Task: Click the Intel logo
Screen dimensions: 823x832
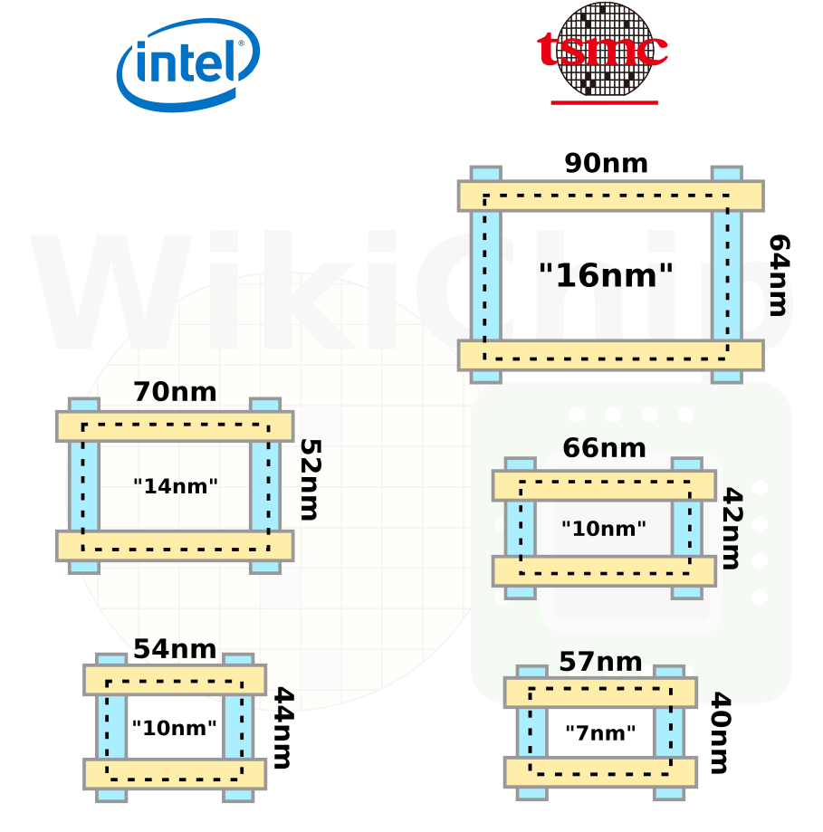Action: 187,65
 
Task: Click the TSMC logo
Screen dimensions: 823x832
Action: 603,53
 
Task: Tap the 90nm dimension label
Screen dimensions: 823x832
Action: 606,163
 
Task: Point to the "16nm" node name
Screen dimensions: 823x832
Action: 606,275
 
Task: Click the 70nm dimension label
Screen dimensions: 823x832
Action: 175,392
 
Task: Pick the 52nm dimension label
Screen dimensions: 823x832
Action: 311,480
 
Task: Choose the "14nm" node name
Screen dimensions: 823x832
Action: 176,486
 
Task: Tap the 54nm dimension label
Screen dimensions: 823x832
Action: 175,649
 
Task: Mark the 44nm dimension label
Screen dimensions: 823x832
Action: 283,728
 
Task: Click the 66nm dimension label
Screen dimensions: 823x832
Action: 605,448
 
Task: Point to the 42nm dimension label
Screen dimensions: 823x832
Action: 732,529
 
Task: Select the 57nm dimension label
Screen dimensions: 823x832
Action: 600,662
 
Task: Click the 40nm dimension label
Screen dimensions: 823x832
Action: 721,732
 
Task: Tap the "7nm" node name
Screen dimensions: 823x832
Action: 600,732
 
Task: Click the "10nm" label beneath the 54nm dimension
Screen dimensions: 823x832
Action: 174,728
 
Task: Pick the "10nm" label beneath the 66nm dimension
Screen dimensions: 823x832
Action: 604,529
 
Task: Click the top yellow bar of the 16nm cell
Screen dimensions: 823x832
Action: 611,196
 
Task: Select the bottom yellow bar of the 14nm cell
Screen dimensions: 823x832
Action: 175,546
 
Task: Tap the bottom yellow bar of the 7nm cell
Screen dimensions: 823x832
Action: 600,772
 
